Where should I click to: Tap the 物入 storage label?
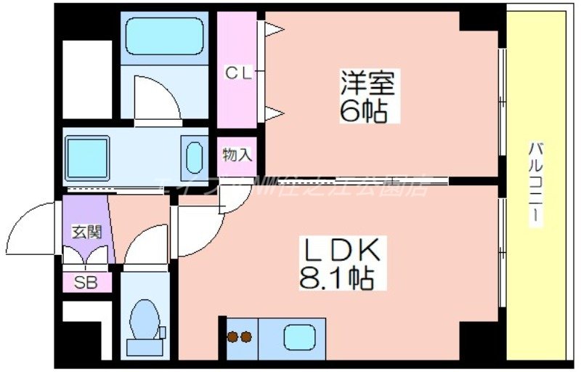237,154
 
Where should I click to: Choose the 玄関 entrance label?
86,232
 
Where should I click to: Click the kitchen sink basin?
298,336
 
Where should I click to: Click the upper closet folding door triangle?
274,29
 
